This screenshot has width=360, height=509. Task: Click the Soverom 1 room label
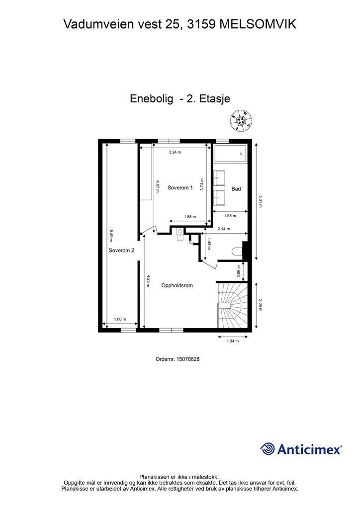(x=180, y=188)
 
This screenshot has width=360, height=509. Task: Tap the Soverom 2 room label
(x=121, y=251)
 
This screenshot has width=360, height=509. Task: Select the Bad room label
(x=236, y=189)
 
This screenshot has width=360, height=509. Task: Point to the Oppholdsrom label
(x=177, y=286)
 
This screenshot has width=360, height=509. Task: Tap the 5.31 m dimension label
(x=261, y=200)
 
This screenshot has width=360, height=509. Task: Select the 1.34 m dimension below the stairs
(x=233, y=341)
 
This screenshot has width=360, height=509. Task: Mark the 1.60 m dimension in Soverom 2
(x=120, y=319)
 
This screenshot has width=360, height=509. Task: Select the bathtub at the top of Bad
(x=230, y=154)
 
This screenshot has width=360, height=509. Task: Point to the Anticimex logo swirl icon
(x=268, y=449)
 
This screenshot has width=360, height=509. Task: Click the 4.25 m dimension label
(x=148, y=281)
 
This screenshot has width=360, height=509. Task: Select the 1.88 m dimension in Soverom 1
(x=190, y=217)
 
